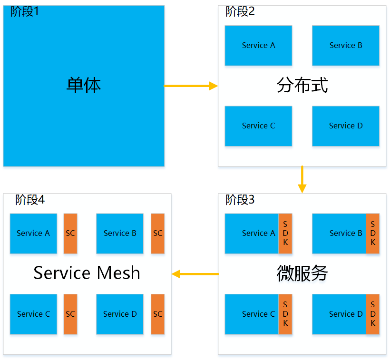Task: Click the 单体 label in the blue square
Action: [x=84, y=86]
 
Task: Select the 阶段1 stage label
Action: [x=25, y=12]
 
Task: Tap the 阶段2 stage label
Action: [x=240, y=12]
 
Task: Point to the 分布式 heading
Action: [x=302, y=86]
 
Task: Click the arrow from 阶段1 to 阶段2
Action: [x=190, y=86]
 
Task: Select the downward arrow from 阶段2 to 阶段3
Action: [x=302, y=179]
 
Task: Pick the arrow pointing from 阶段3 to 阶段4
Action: [x=195, y=274]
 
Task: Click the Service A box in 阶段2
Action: [x=258, y=46]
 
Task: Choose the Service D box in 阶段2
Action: [x=346, y=126]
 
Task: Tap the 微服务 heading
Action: [x=302, y=273]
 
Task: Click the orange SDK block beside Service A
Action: [x=285, y=234]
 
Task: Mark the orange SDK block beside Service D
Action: [x=373, y=314]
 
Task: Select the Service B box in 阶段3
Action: [x=340, y=234]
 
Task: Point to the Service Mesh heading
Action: [x=87, y=273]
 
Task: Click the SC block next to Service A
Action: [x=70, y=234]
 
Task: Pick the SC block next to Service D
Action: [x=158, y=314]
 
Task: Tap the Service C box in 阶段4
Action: [x=33, y=314]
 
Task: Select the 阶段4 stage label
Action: [x=29, y=200]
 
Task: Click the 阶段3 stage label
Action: [x=240, y=200]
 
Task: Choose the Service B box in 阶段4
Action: [x=120, y=234]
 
